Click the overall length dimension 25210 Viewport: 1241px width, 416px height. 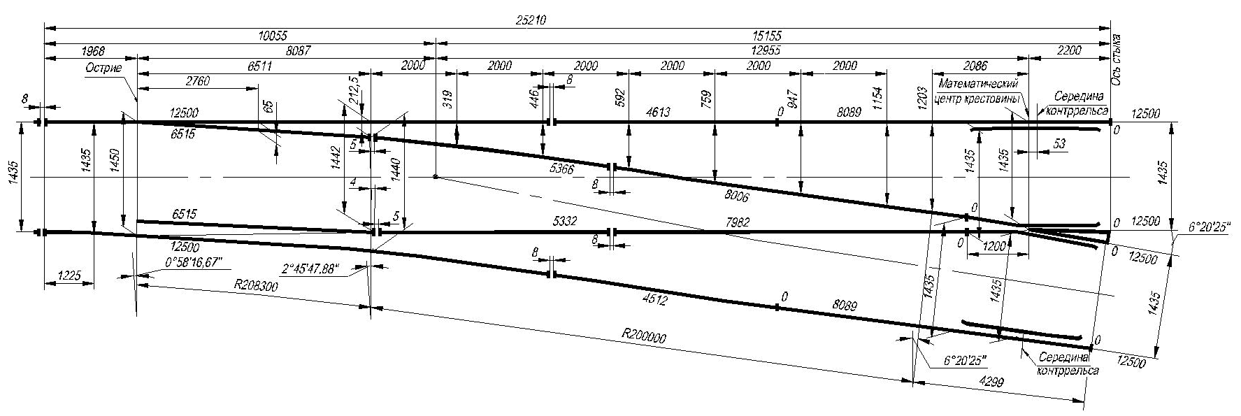(531, 20)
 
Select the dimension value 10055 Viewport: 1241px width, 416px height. (273, 36)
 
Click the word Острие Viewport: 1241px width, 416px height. (104, 68)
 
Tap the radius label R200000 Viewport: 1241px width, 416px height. (643, 338)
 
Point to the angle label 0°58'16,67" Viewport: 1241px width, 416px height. (193, 262)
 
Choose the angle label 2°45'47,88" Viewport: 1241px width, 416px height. (310, 268)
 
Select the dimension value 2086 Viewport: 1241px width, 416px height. (980, 66)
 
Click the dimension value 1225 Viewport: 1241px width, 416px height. (70, 277)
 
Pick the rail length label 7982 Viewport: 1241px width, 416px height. (738, 222)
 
